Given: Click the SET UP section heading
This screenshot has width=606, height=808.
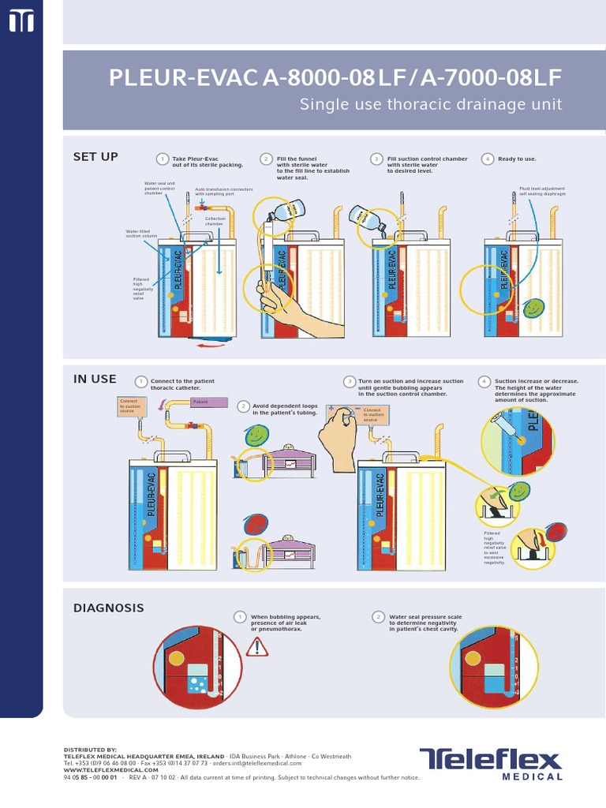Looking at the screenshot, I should coord(95,157).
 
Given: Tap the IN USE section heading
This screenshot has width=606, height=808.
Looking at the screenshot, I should coord(95,379).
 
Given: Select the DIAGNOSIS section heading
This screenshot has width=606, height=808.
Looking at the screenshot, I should coord(109,608).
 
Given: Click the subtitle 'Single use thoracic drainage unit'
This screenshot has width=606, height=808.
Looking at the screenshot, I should coord(431,105).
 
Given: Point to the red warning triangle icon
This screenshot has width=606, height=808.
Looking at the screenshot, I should coord(257,648).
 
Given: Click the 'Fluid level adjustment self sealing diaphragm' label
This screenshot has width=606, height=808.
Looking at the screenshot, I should coord(542,192).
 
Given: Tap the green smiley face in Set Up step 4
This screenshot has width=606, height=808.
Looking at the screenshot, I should coord(533,307).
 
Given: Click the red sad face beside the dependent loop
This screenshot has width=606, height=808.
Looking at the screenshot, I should coord(255,526).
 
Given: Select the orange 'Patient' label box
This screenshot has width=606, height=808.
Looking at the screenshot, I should coord(204,402).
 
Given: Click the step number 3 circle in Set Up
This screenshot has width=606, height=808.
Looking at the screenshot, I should coord(377,159).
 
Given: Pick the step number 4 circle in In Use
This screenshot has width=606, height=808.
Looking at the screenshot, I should coord(484,382).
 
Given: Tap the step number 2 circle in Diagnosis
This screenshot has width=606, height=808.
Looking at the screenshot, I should coord(379,617).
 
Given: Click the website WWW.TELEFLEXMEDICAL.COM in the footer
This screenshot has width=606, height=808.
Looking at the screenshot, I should coord(111,770).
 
